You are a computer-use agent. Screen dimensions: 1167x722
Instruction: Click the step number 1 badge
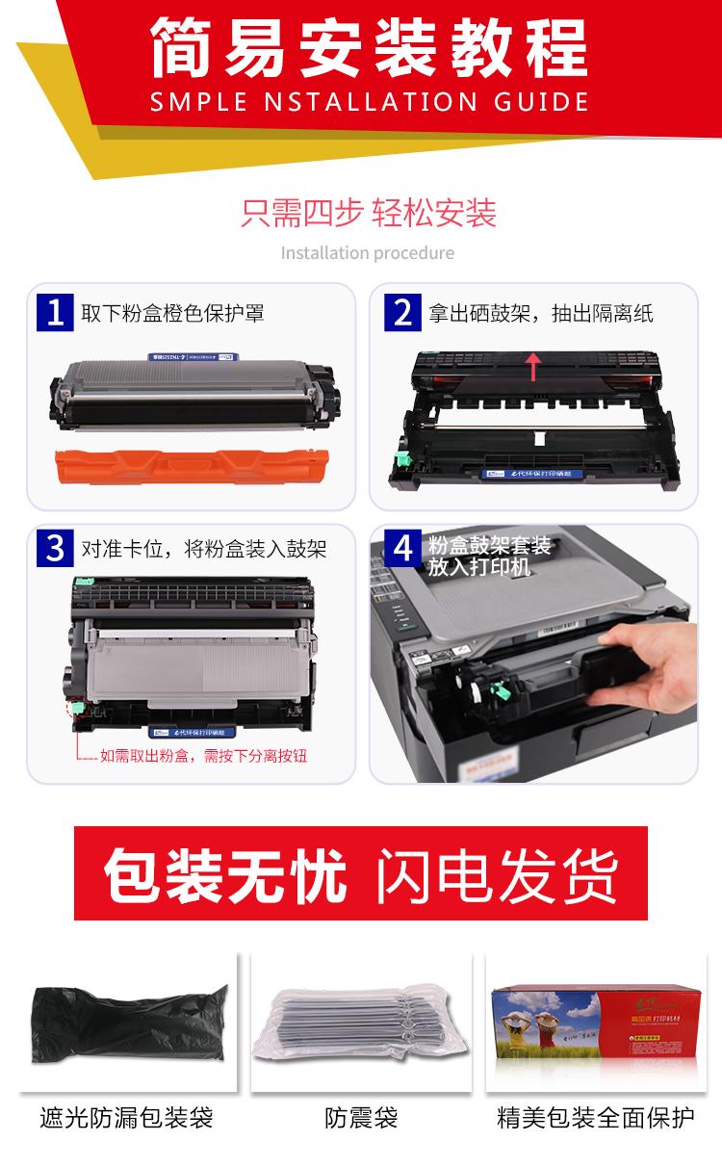pyautogui.click(x=55, y=312)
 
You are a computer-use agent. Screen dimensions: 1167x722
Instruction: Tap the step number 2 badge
pyautogui.click(x=402, y=312)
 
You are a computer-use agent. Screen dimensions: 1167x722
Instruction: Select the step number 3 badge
pyautogui.click(x=55, y=548)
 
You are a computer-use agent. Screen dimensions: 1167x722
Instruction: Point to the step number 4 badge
pyautogui.click(x=402, y=548)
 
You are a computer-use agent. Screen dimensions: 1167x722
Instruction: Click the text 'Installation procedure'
pyautogui.click(x=367, y=253)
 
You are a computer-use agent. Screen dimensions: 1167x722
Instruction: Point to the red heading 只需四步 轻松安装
pyautogui.click(x=369, y=212)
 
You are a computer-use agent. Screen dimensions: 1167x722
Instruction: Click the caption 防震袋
pyautogui.click(x=361, y=1118)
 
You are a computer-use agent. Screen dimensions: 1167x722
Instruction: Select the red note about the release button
pyautogui.click(x=203, y=756)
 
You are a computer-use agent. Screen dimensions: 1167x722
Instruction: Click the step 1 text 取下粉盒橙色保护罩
pyautogui.click(x=172, y=313)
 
